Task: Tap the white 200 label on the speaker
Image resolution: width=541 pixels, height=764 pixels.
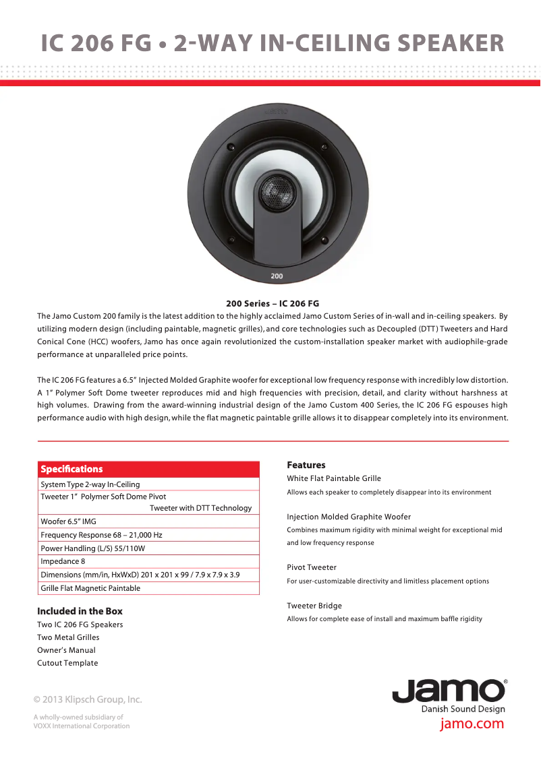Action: point(277,276)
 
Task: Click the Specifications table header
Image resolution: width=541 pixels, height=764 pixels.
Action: point(72,469)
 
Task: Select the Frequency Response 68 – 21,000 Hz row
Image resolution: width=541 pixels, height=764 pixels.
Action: point(101,535)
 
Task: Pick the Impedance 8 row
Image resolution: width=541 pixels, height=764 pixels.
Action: point(63,561)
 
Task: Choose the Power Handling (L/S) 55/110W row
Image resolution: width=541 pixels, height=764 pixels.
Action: point(92,548)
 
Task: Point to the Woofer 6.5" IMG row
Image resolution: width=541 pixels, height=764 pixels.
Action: point(68,521)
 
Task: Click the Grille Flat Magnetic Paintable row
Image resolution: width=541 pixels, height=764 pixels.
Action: point(90,588)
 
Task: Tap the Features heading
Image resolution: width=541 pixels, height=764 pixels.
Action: point(306,465)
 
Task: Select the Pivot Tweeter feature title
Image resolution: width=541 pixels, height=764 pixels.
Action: point(312,567)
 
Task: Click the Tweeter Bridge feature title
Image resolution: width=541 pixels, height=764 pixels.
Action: point(314,606)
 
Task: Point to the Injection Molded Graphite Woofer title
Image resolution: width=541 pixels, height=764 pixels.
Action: point(349,517)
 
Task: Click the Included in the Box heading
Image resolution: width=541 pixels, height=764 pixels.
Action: point(80,611)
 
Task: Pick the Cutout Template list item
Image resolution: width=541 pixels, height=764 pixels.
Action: point(67,663)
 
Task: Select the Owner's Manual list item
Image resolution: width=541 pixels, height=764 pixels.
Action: point(66,650)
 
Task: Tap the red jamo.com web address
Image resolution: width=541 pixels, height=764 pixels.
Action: point(472,724)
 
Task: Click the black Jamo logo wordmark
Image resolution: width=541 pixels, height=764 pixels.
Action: point(449,691)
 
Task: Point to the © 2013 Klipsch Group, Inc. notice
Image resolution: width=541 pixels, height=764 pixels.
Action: point(88,699)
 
